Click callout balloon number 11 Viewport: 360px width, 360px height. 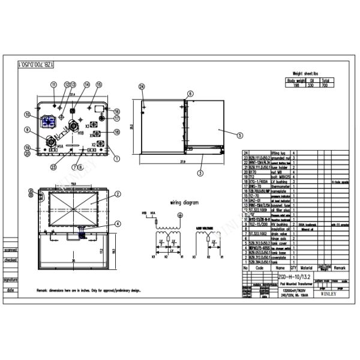pos(55,85)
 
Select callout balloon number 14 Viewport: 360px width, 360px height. pos(86,85)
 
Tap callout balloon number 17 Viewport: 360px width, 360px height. pos(117,122)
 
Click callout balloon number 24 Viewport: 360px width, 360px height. pos(142,87)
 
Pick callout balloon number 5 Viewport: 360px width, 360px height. pos(239,136)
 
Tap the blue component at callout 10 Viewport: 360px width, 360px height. pos(49,121)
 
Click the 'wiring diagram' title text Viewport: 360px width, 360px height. pos(184,203)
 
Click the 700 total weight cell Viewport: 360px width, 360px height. pos(324,85)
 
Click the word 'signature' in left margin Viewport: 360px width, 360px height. pos(10,280)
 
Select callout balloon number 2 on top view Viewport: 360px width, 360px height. pos(118,194)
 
